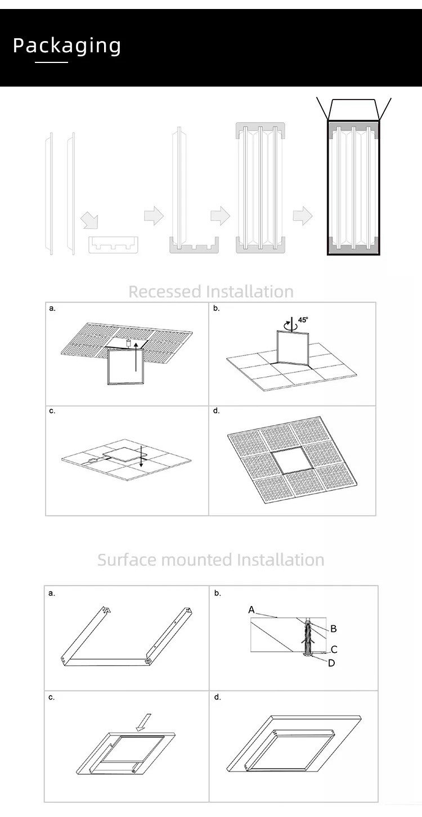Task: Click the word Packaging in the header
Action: tap(67, 46)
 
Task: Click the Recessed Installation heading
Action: tap(211, 291)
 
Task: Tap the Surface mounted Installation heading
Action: tap(211, 559)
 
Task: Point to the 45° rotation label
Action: tap(303, 319)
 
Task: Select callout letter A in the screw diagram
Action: tap(252, 610)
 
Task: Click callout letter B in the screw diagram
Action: tap(333, 629)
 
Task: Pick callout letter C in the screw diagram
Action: tap(334, 649)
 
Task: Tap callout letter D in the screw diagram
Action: tap(331, 663)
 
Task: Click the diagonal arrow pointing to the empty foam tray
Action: tap(88, 220)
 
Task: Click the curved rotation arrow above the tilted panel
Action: tap(290, 324)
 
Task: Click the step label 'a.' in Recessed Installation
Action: tap(52, 308)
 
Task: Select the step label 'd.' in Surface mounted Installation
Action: tap(217, 697)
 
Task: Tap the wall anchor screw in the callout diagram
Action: tap(308, 638)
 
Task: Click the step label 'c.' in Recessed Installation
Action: tap(52, 411)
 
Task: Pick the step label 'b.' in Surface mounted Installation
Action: tap(217, 593)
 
